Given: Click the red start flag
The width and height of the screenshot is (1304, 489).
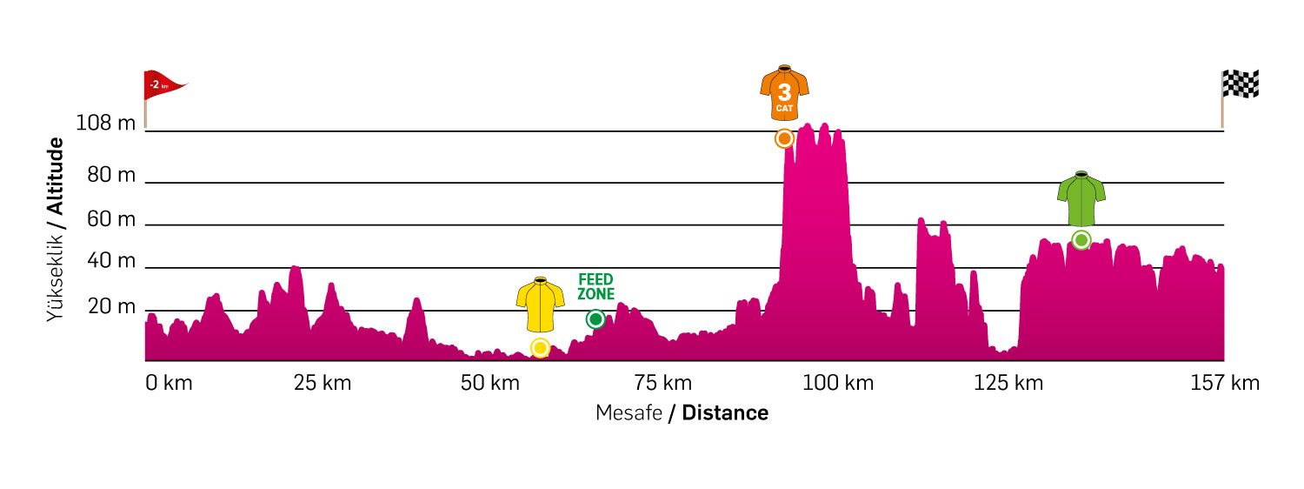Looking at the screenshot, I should click(x=163, y=85).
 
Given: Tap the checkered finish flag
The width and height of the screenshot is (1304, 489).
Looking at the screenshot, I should click(x=1241, y=84).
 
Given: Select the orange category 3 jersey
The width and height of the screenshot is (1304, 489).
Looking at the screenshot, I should click(x=784, y=91).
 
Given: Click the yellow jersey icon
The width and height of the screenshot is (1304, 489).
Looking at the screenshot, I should click(x=540, y=305).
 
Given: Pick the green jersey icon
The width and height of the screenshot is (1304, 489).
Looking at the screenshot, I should click(x=1081, y=199).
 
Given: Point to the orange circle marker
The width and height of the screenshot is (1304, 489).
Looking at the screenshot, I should click(x=784, y=138).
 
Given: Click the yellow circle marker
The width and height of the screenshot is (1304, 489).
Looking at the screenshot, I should click(x=540, y=348).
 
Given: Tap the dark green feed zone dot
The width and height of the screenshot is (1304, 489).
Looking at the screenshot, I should click(x=595, y=319).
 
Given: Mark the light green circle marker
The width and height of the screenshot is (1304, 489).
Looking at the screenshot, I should click(x=1081, y=239).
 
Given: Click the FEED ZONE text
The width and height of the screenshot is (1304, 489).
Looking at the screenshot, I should click(x=595, y=286).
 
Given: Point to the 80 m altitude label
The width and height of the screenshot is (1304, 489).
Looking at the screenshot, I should click(x=112, y=176).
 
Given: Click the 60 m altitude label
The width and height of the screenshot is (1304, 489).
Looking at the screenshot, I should click(x=112, y=219).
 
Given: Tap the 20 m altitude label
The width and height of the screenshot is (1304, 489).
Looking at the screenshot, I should click(x=112, y=307).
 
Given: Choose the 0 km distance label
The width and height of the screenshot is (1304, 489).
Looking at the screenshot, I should click(x=169, y=383).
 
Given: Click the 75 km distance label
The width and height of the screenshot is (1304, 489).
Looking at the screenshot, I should click(x=663, y=383).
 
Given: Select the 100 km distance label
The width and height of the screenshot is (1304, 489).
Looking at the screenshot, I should click(x=838, y=383).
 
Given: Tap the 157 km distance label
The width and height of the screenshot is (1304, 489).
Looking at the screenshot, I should click(x=1224, y=383).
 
